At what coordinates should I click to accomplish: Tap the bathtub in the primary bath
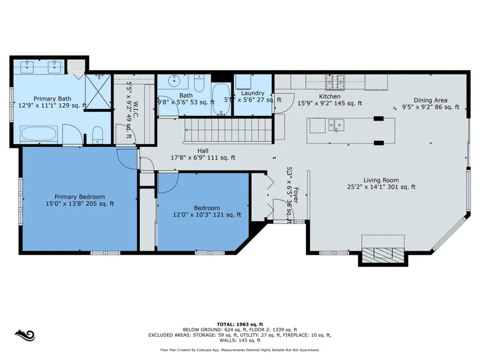pos(39,134)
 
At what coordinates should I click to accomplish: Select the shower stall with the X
pos(98,91)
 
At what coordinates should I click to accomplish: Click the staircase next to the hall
pos(228,131)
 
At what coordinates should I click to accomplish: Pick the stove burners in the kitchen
pos(335,82)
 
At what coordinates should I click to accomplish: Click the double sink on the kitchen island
pos(336,125)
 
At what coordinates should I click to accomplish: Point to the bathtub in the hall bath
pos(221,98)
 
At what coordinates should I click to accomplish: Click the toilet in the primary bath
pos(98,135)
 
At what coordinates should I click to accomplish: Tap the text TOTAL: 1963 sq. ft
pos(240,324)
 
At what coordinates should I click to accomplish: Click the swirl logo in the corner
pos(25,335)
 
